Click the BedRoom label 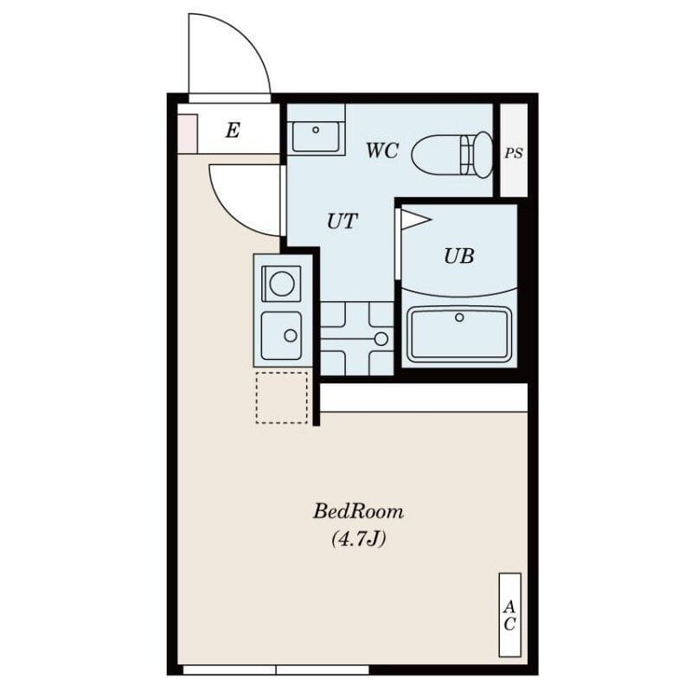358,512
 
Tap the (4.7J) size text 358,539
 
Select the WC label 382,151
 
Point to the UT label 342,221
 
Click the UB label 459,256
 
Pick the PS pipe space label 514,153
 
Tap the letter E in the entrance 233,131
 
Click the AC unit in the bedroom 509,615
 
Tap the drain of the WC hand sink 316,130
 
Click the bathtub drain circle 459,317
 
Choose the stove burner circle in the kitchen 282,284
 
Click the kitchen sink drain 291,336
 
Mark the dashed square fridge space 282,398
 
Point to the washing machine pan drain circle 381,339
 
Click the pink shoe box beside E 188,133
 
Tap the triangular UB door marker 415,220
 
